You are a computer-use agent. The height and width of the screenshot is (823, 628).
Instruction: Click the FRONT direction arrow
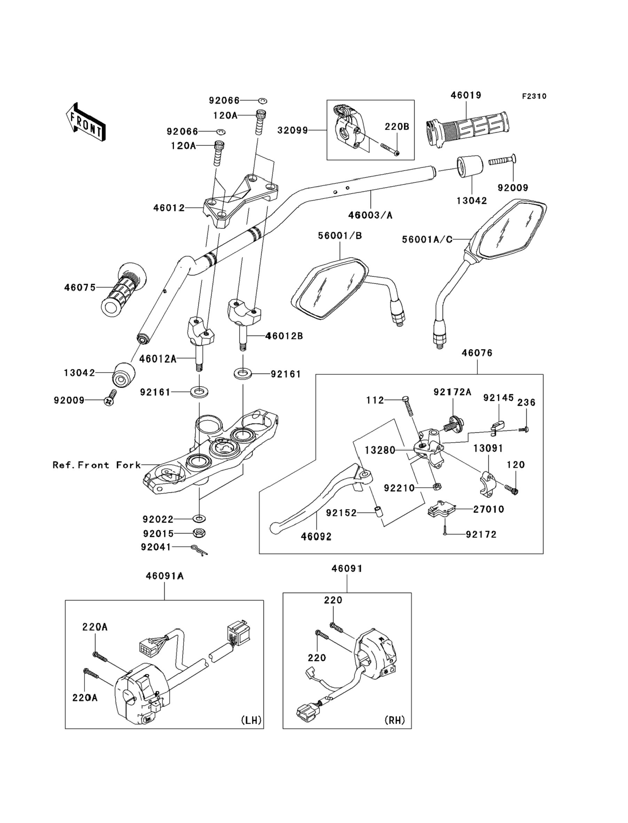86,122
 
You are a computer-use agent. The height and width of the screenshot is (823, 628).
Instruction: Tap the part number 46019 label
466,95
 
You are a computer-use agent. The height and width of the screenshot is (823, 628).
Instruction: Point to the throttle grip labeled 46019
467,129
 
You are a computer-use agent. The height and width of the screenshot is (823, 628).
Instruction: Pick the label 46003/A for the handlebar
370,215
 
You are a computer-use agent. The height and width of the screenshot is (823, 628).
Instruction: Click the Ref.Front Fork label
97,465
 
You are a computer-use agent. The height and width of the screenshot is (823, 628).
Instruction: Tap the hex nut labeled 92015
199,533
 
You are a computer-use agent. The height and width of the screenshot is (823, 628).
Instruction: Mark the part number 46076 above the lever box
477,353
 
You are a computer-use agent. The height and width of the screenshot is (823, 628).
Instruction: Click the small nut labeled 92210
436,487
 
